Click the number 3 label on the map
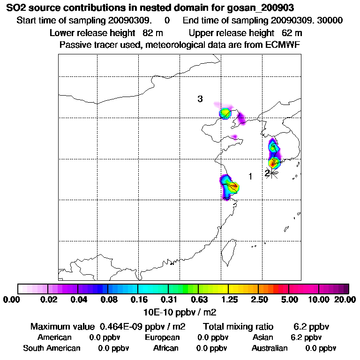pyautogui.click(x=200, y=99)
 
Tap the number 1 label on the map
pyautogui.click(x=250, y=176)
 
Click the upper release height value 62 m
pyautogui.click(x=292, y=33)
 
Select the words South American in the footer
pyautogui.click(x=52, y=348)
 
